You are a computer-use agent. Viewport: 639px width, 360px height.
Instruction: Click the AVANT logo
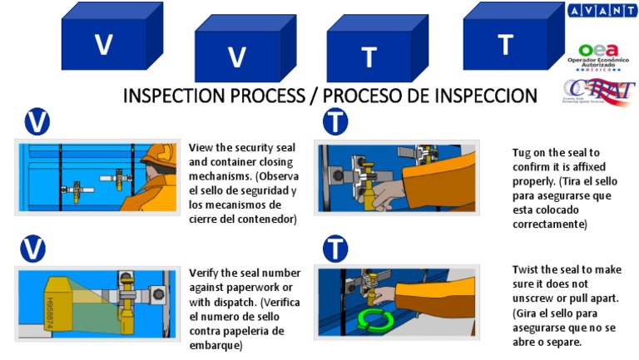602,11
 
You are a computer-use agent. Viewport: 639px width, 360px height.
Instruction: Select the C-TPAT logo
598,91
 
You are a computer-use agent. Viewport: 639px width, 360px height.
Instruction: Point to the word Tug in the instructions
523,152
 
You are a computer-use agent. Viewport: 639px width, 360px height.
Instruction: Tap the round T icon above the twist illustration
334,248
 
